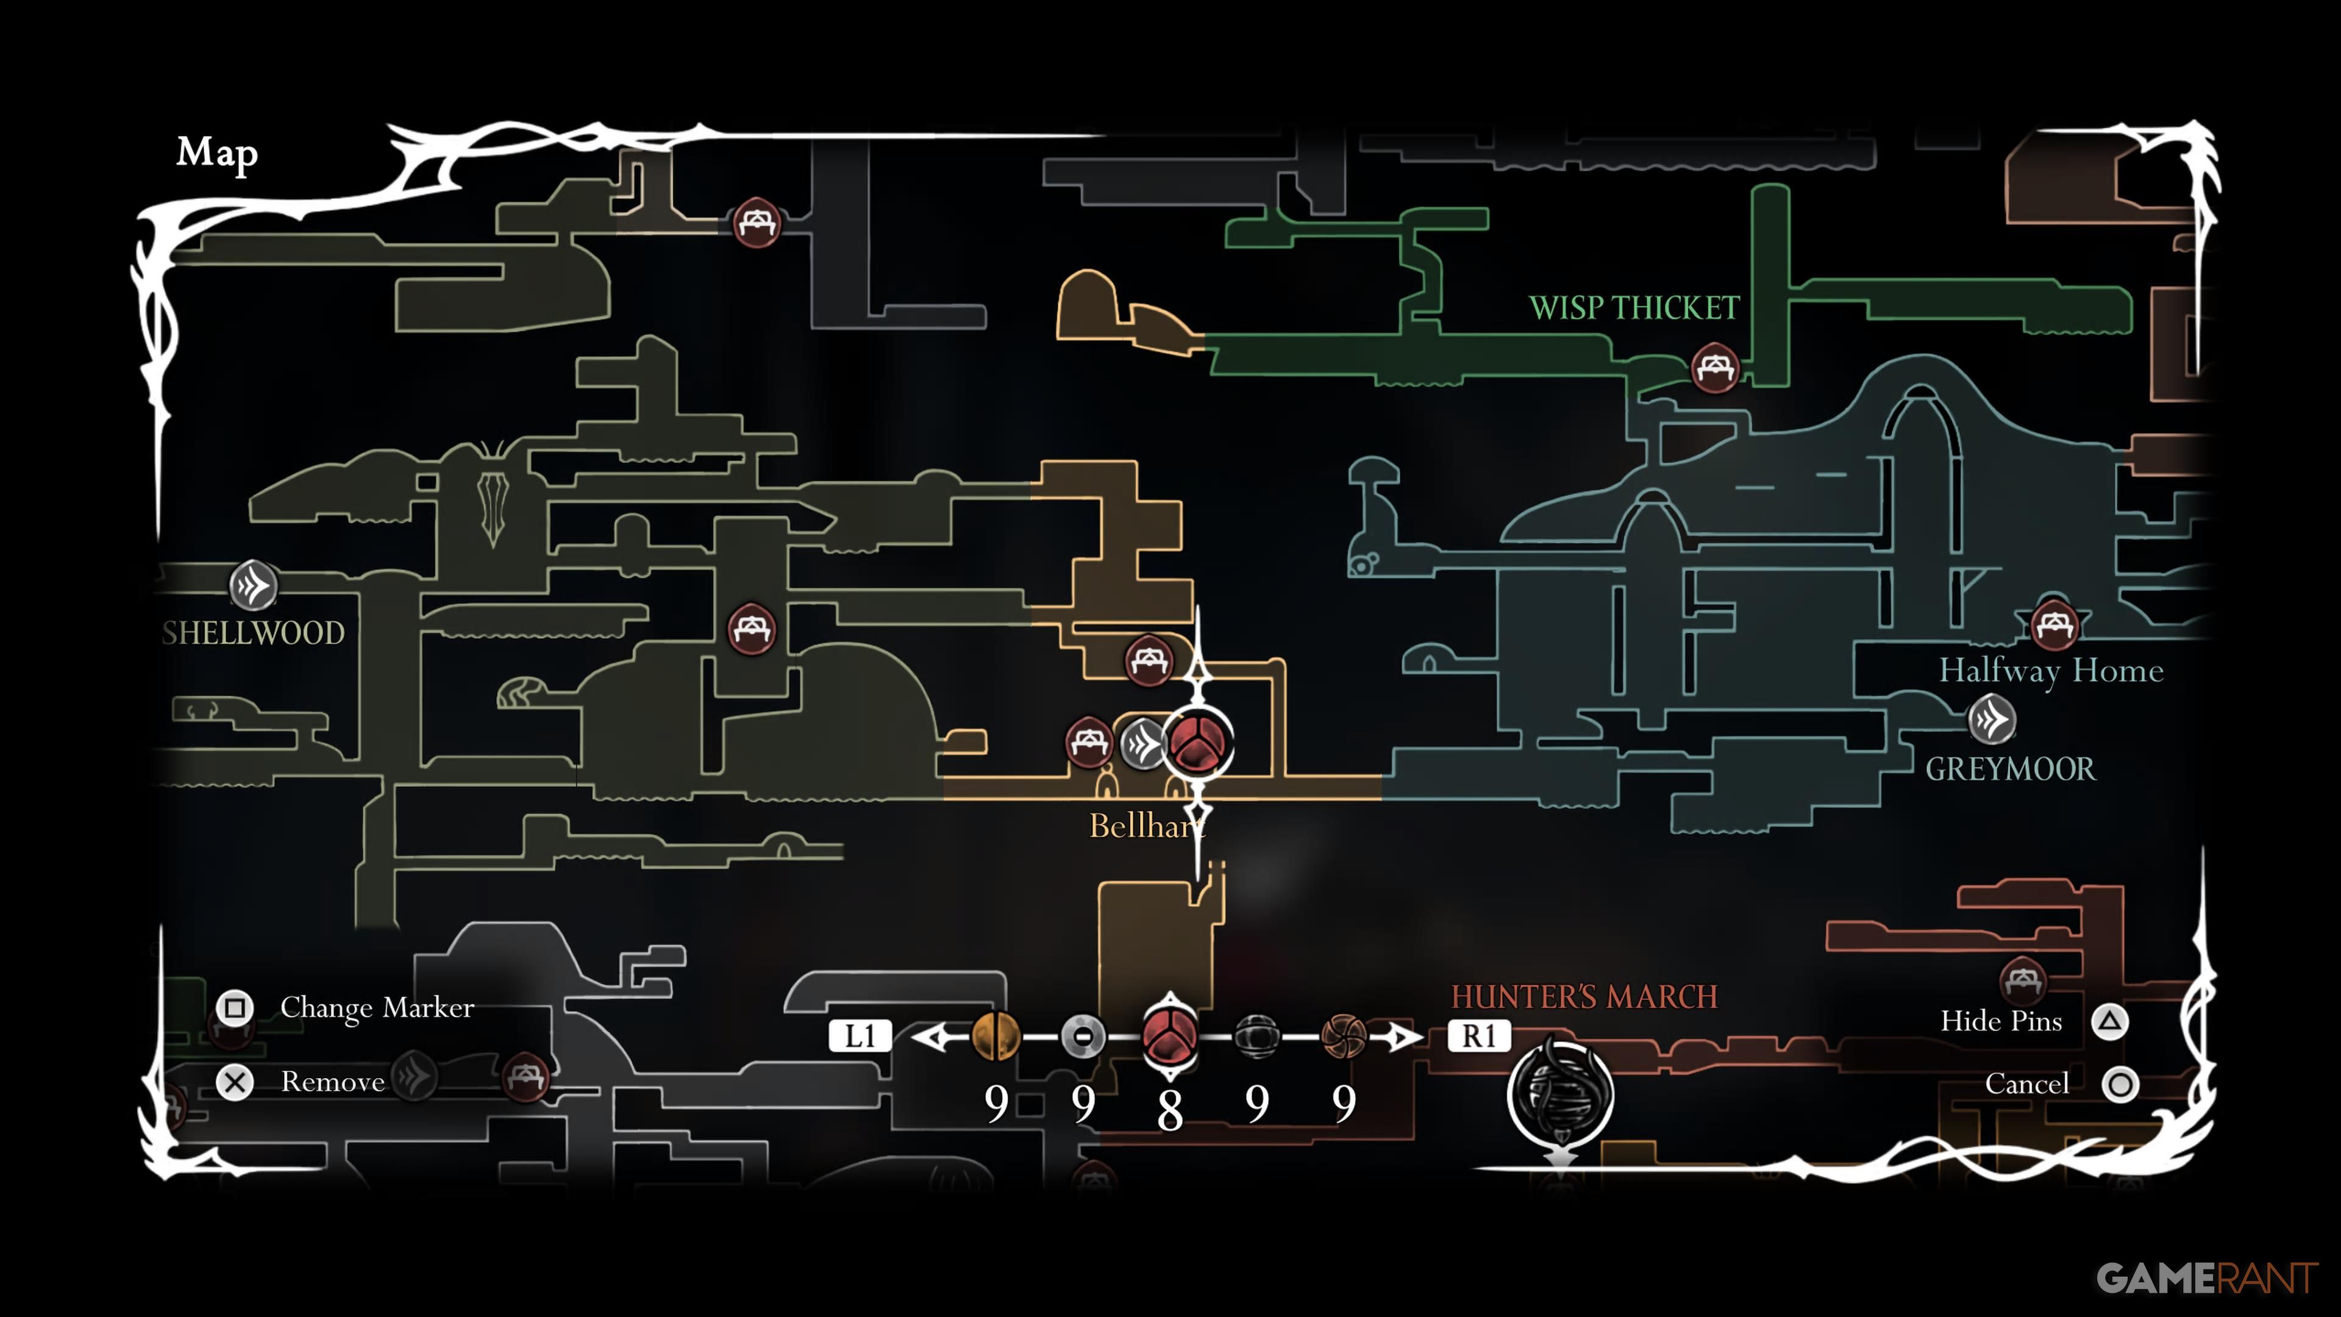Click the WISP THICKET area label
[x=1634, y=308]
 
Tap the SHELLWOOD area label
[x=254, y=633]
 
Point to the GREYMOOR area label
[x=2010, y=769]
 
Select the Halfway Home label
[x=2051, y=671]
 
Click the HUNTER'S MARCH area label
[x=1584, y=996]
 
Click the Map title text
[x=217, y=152]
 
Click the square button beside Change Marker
[x=235, y=1008]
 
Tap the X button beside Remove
[x=235, y=1082]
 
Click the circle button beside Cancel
[x=2121, y=1084]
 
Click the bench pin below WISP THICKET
[x=1715, y=367]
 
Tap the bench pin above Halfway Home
[x=2054, y=624]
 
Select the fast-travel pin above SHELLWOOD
[x=252, y=585]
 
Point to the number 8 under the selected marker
[x=1170, y=1109]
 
